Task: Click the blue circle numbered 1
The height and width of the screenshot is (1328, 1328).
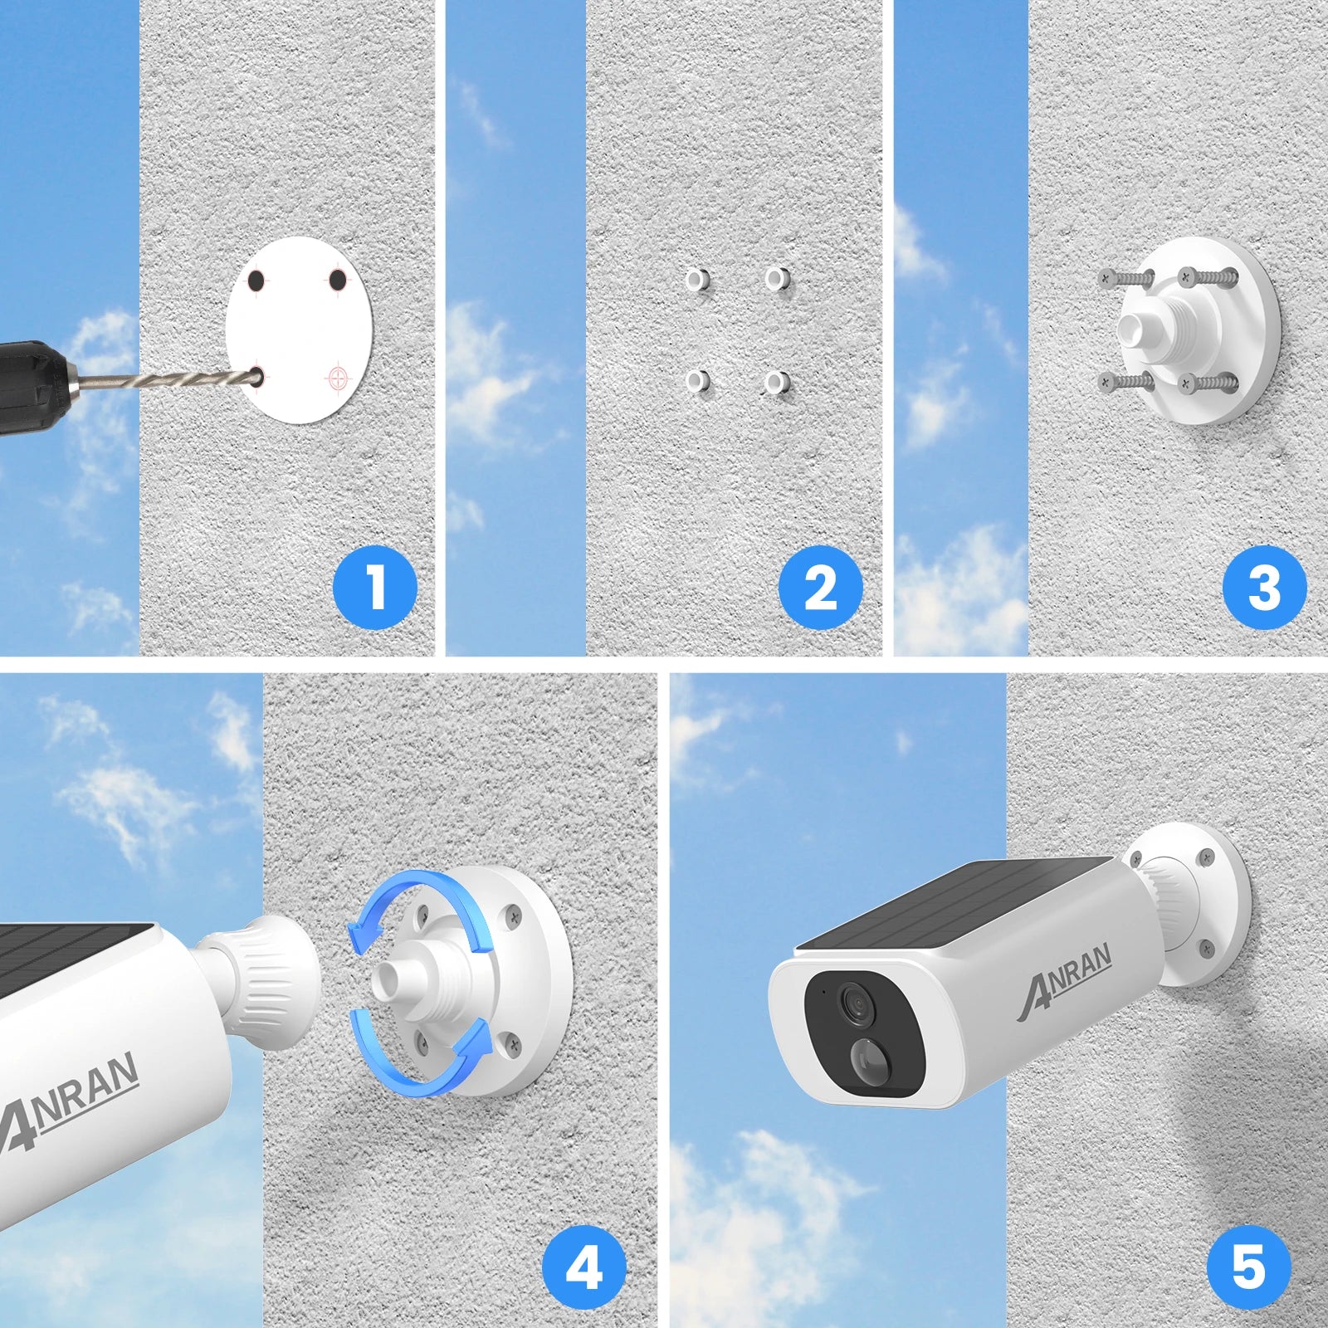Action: point(375,587)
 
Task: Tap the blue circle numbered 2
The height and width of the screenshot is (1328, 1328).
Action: point(820,587)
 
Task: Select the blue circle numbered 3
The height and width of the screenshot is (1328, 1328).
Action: point(1264,587)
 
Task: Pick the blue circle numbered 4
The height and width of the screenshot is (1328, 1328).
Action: point(583,1267)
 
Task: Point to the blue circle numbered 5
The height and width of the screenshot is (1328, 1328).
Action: point(1248,1267)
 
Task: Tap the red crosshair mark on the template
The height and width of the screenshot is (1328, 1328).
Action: point(338,378)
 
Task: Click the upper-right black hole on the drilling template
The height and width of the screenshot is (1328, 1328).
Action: point(337,281)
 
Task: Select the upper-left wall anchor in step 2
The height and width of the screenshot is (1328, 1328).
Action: point(698,279)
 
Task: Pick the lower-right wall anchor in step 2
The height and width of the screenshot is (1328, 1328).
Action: point(778,383)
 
